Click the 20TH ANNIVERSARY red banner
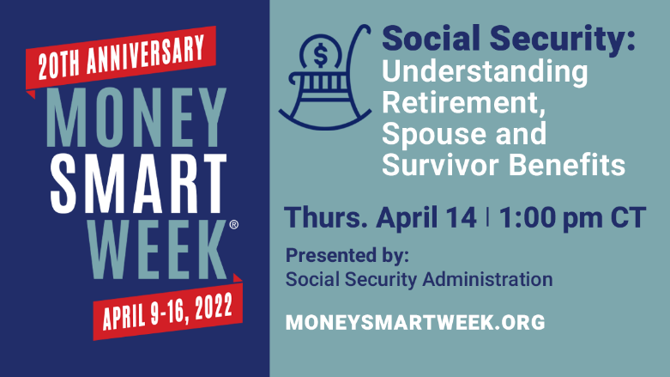(x=119, y=54)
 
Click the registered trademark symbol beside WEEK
(x=234, y=224)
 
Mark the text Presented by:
(x=347, y=255)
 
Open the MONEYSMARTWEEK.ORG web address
(x=415, y=323)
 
